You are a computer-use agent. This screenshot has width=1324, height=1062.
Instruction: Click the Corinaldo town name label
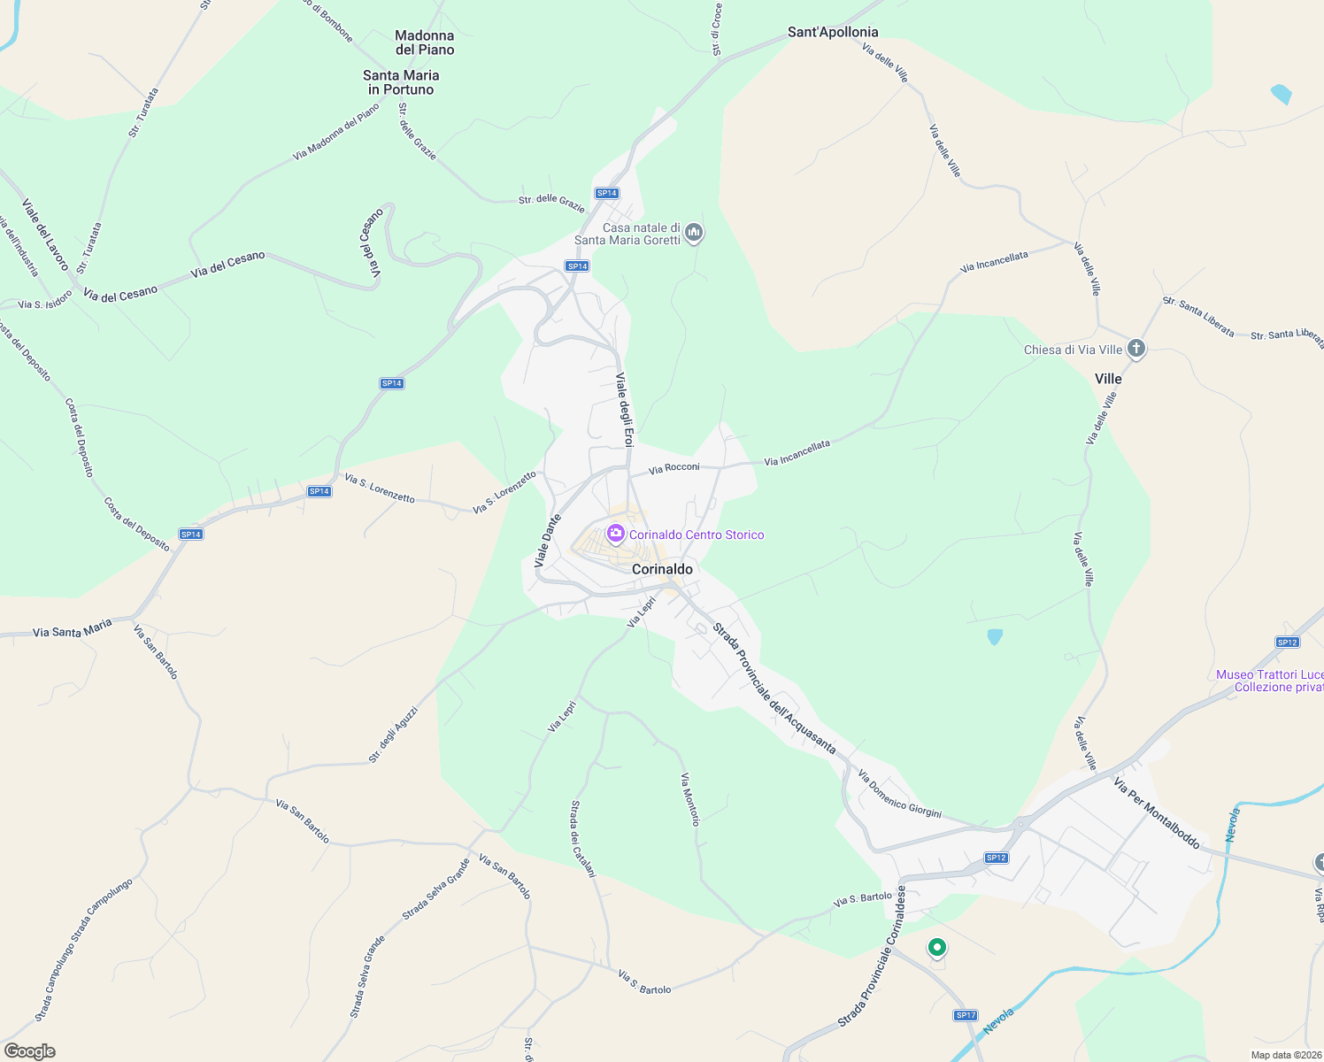(662, 569)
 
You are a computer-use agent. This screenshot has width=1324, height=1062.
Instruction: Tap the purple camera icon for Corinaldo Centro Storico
(615, 534)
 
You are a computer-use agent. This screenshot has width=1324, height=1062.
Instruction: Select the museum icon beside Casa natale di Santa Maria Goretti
(694, 233)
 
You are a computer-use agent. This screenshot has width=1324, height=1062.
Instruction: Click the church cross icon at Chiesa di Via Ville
(1136, 349)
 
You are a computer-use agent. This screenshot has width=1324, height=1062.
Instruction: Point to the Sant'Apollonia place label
(833, 32)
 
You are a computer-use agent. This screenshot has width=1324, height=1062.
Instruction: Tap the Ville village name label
(1108, 379)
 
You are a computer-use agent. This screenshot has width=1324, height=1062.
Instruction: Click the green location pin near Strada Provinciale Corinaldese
(936, 948)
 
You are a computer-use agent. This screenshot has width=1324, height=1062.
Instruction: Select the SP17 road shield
(966, 1015)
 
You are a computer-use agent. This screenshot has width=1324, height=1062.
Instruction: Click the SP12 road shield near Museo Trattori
(1287, 643)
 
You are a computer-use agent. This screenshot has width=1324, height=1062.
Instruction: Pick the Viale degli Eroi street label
(625, 410)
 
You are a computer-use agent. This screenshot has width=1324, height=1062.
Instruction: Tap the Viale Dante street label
(548, 541)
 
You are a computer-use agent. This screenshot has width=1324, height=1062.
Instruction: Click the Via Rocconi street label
(674, 468)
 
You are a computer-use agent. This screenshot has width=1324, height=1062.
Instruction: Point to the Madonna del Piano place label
(425, 42)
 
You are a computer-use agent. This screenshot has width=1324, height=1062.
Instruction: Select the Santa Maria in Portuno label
(401, 82)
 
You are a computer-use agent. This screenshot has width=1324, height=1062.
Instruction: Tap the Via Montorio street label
(690, 799)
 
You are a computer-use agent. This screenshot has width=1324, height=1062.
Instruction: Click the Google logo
(29, 1051)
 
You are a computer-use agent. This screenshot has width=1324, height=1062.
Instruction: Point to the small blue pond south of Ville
(995, 636)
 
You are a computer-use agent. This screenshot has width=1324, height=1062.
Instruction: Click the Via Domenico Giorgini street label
(899, 794)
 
